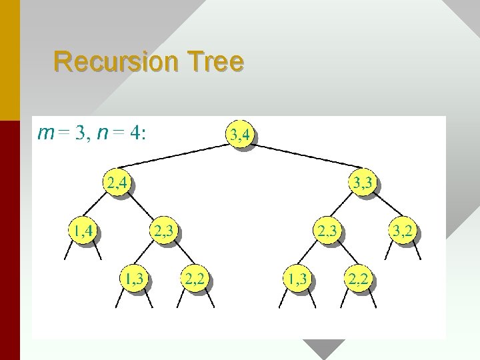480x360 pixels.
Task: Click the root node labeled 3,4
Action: (x=239, y=135)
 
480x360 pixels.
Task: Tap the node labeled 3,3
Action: (x=362, y=183)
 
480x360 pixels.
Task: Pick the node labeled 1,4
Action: (x=83, y=231)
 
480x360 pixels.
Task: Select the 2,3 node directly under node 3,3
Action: (x=327, y=231)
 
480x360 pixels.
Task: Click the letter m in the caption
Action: (x=46, y=133)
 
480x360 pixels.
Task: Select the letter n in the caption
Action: (x=102, y=133)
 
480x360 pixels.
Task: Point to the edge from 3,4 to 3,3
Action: (x=303, y=157)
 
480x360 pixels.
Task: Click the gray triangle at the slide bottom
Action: (x=323, y=347)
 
